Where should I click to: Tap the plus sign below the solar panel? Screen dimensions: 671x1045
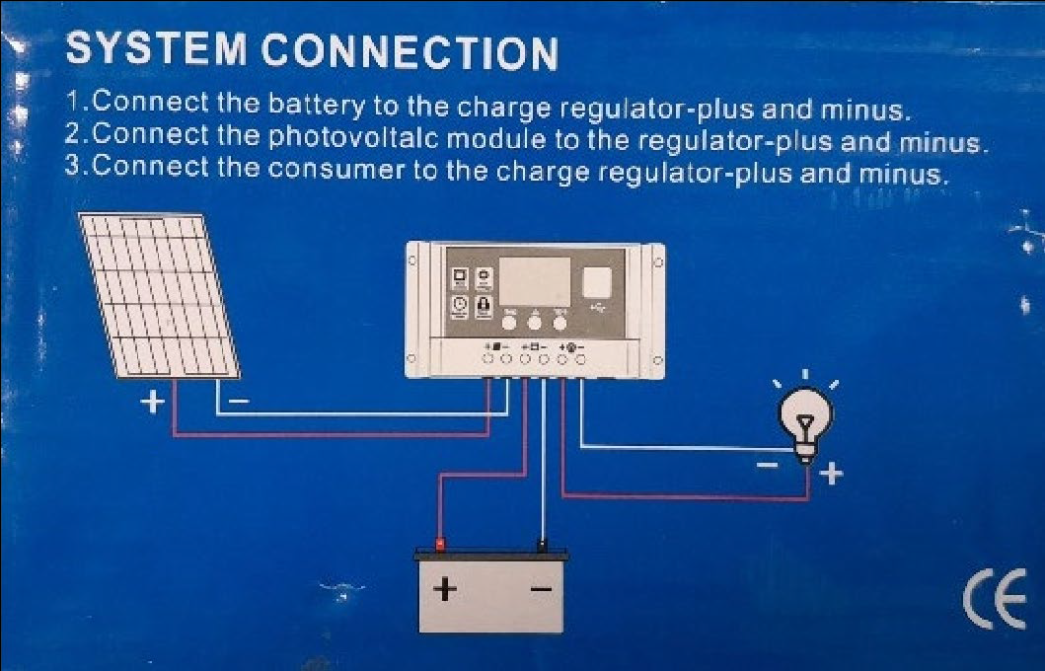pos(153,403)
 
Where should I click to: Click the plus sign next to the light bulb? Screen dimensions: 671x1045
pos(831,476)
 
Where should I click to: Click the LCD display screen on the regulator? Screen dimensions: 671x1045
pos(535,281)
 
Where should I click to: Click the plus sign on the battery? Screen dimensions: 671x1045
pos(447,589)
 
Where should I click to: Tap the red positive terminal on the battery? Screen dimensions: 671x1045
pos(441,544)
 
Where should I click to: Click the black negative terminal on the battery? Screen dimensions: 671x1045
pos(542,544)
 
